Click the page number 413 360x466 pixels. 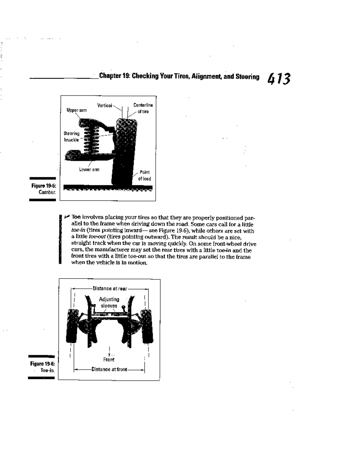(x=279, y=79)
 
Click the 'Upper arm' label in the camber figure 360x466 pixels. (x=76, y=110)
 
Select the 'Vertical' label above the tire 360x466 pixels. (x=104, y=105)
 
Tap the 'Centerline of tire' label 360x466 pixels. (x=143, y=108)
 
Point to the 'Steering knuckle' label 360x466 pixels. (x=71, y=137)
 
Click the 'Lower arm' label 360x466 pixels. (x=89, y=170)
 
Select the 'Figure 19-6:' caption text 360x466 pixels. (x=42, y=364)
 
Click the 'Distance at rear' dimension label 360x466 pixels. (x=110, y=289)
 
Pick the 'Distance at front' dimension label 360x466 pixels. (x=109, y=369)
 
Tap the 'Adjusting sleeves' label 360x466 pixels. (x=109, y=302)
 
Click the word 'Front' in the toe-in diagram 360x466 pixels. (x=109, y=359)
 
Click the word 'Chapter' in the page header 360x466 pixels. (x=110, y=76)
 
